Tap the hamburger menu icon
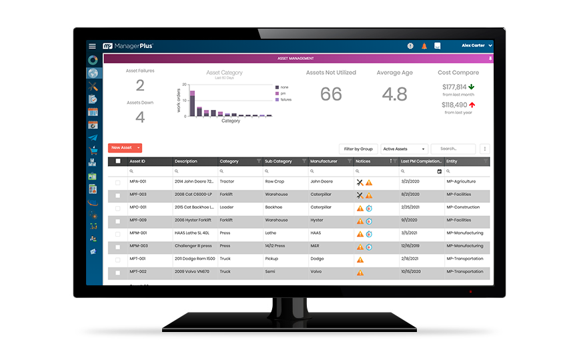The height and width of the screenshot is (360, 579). click(92, 46)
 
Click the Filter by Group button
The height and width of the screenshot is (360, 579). click(359, 149)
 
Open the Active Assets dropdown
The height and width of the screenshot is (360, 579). click(404, 149)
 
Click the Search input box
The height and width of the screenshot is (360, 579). click(453, 149)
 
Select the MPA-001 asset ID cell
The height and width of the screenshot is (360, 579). click(138, 181)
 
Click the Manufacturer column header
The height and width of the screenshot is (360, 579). click(324, 161)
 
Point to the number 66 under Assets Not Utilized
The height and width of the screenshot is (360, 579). click(331, 95)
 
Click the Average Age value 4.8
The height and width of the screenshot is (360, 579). click(394, 95)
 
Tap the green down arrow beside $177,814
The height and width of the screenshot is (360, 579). click(471, 87)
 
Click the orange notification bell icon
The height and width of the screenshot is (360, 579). click(424, 46)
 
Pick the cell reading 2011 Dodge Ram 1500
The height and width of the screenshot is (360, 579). click(194, 259)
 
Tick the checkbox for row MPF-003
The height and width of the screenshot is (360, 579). click(118, 195)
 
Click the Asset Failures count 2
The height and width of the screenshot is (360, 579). click(140, 85)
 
